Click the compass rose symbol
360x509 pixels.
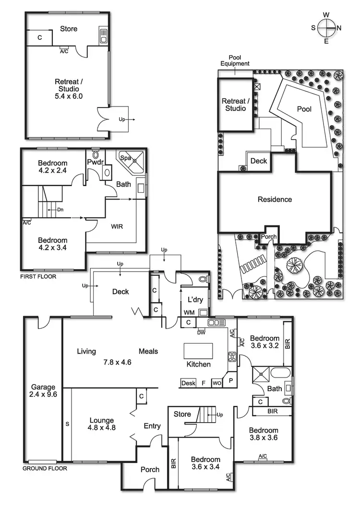tap(326, 27)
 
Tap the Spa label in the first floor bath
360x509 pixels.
tap(125, 157)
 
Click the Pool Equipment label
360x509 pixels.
tap(235, 60)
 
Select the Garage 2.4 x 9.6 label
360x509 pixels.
tap(43, 391)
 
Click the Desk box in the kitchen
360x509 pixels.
tap(188, 383)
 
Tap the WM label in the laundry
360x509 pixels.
tap(189, 312)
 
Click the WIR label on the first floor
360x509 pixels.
tap(117, 226)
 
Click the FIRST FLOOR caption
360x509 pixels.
tap(38, 277)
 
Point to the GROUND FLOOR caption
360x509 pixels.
tap(45, 468)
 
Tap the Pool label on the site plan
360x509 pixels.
tap(304, 109)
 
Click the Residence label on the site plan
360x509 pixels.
tap(275, 199)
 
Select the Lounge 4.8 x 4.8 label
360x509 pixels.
tap(101, 424)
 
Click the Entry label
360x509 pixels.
tap(152, 426)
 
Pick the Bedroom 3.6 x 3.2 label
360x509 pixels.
tap(264, 342)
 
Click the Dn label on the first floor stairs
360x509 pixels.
tap(60, 209)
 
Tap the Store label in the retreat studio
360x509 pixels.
tap(69, 29)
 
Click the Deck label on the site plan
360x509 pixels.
tap(259, 161)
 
